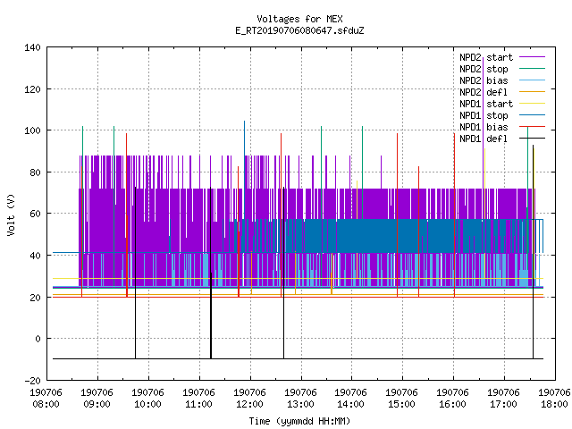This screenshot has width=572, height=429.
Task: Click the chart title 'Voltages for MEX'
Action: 299,19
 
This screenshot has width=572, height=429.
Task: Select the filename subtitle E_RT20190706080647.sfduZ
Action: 299,30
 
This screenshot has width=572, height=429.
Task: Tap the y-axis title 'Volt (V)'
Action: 11,214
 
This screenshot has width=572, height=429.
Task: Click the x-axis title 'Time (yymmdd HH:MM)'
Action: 299,421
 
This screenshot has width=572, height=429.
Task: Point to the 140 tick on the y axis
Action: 32,47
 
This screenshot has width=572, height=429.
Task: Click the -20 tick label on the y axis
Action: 32,381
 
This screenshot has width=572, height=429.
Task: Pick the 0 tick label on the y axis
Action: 38,339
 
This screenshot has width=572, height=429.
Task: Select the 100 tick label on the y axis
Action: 32,130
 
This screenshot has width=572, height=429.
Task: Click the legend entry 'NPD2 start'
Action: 486,57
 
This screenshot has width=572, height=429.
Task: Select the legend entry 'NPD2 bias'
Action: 484,80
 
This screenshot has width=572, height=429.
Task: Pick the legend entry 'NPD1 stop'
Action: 484,115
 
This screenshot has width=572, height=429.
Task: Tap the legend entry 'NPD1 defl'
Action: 484,139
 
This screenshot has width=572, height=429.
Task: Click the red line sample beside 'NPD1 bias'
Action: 532,127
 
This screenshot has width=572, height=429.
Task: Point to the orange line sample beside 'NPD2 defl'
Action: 532,91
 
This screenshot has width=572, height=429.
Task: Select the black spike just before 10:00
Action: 135,273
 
